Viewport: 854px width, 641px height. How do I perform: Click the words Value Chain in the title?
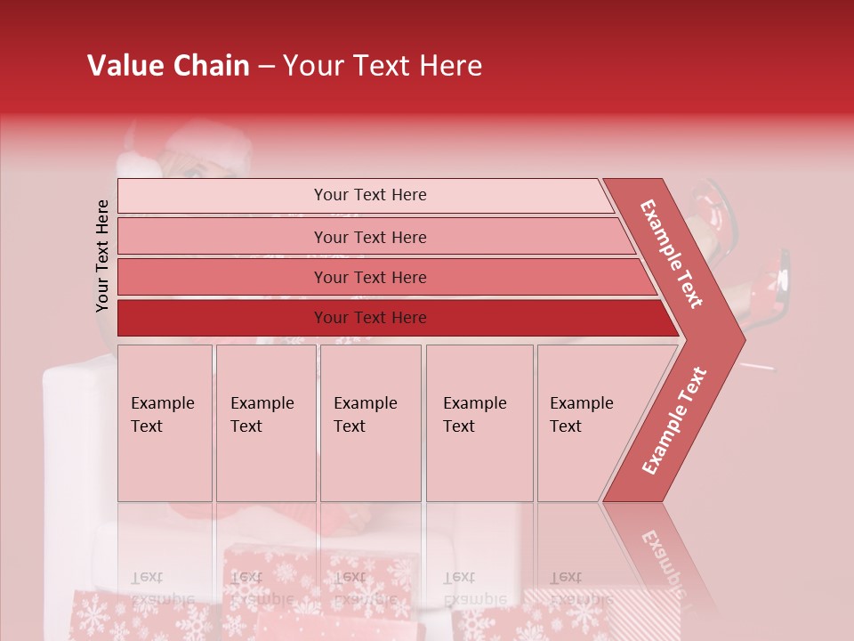pyautogui.click(x=168, y=66)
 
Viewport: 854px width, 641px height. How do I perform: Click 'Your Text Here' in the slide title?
pyautogui.click(x=383, y=66)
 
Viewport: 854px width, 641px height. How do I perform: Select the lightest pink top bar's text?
pyautogui.click(x=370, y=195)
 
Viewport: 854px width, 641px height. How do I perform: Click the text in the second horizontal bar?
pyautogui.click(x=370, y=238)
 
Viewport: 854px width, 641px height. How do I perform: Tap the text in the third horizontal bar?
pyautogui.click(x=370, y=278)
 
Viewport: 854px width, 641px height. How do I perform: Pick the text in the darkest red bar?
pyautogui.click(x=370, y=318)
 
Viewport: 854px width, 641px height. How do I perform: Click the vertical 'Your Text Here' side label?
pyautogui.click(x=102, y=256)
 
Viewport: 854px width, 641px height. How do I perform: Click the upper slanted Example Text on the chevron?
pyautogui.click(x=672, y=254)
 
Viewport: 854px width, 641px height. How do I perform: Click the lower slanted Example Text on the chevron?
pyautogui.click(x=674, y=420)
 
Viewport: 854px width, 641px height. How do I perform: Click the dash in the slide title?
pyautogui.click(x=266, y=66)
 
